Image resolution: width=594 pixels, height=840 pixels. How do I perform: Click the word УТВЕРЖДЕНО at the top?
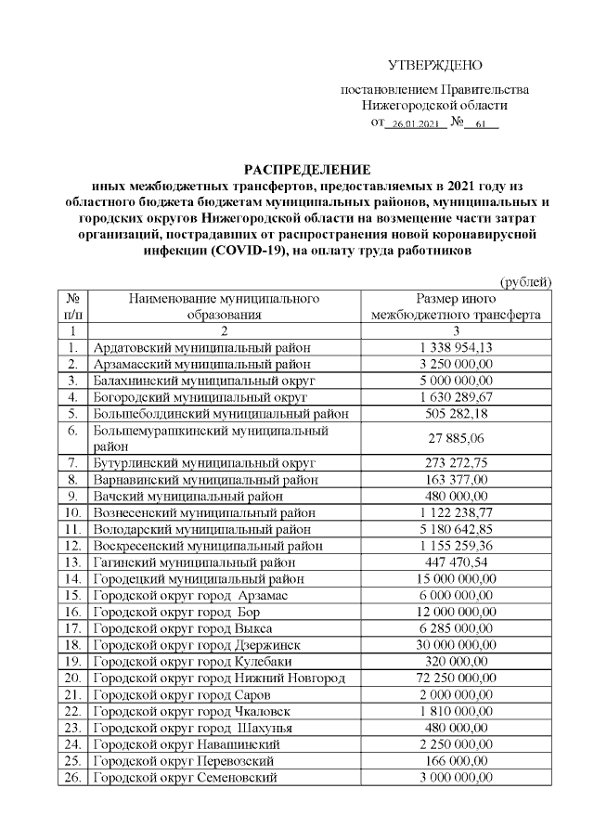coord(435,65)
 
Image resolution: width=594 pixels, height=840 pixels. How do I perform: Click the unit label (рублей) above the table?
coord(526,281)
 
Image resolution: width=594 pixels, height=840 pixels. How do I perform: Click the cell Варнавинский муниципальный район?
coord(205,479)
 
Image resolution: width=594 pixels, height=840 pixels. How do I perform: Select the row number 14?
coord(72,578)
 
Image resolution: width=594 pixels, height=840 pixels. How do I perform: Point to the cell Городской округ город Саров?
coord(180,694)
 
